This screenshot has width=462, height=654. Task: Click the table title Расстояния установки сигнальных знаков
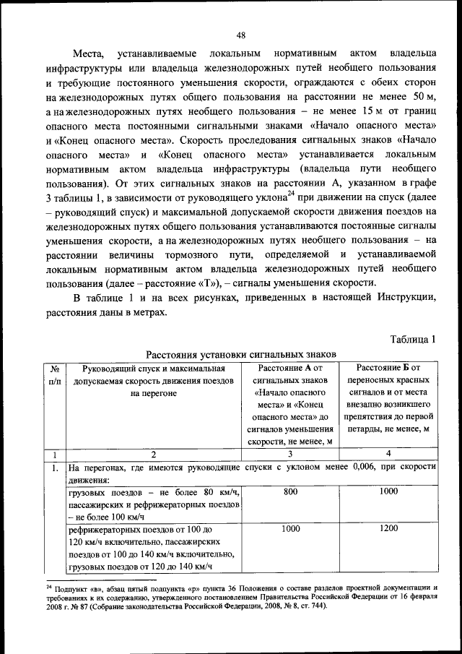point(241,355)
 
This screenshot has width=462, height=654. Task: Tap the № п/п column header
point(55,374)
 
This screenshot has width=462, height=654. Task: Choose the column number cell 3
point(291,455)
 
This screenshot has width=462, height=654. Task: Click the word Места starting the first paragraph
point(89,53)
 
